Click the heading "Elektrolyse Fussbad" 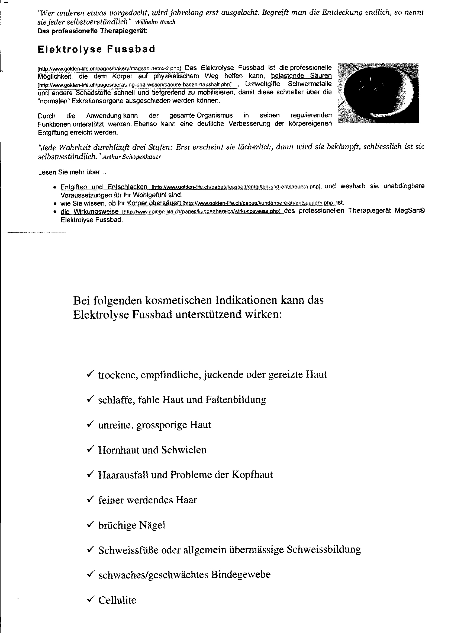[x=96, y=49]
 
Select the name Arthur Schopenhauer [x=132, y=157]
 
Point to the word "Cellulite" [x=117, y=600]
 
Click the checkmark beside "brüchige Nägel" [x=90, y=524]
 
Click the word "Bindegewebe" [x=240, y=574]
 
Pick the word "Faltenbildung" [x=236, y=399]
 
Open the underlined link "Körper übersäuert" [x=154, y=203]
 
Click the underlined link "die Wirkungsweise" [x=89, y=212]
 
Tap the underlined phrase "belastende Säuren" [x=301, y=76]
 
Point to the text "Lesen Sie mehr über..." [x=72, y=172]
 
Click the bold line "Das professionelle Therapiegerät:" [x=92, y=31]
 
